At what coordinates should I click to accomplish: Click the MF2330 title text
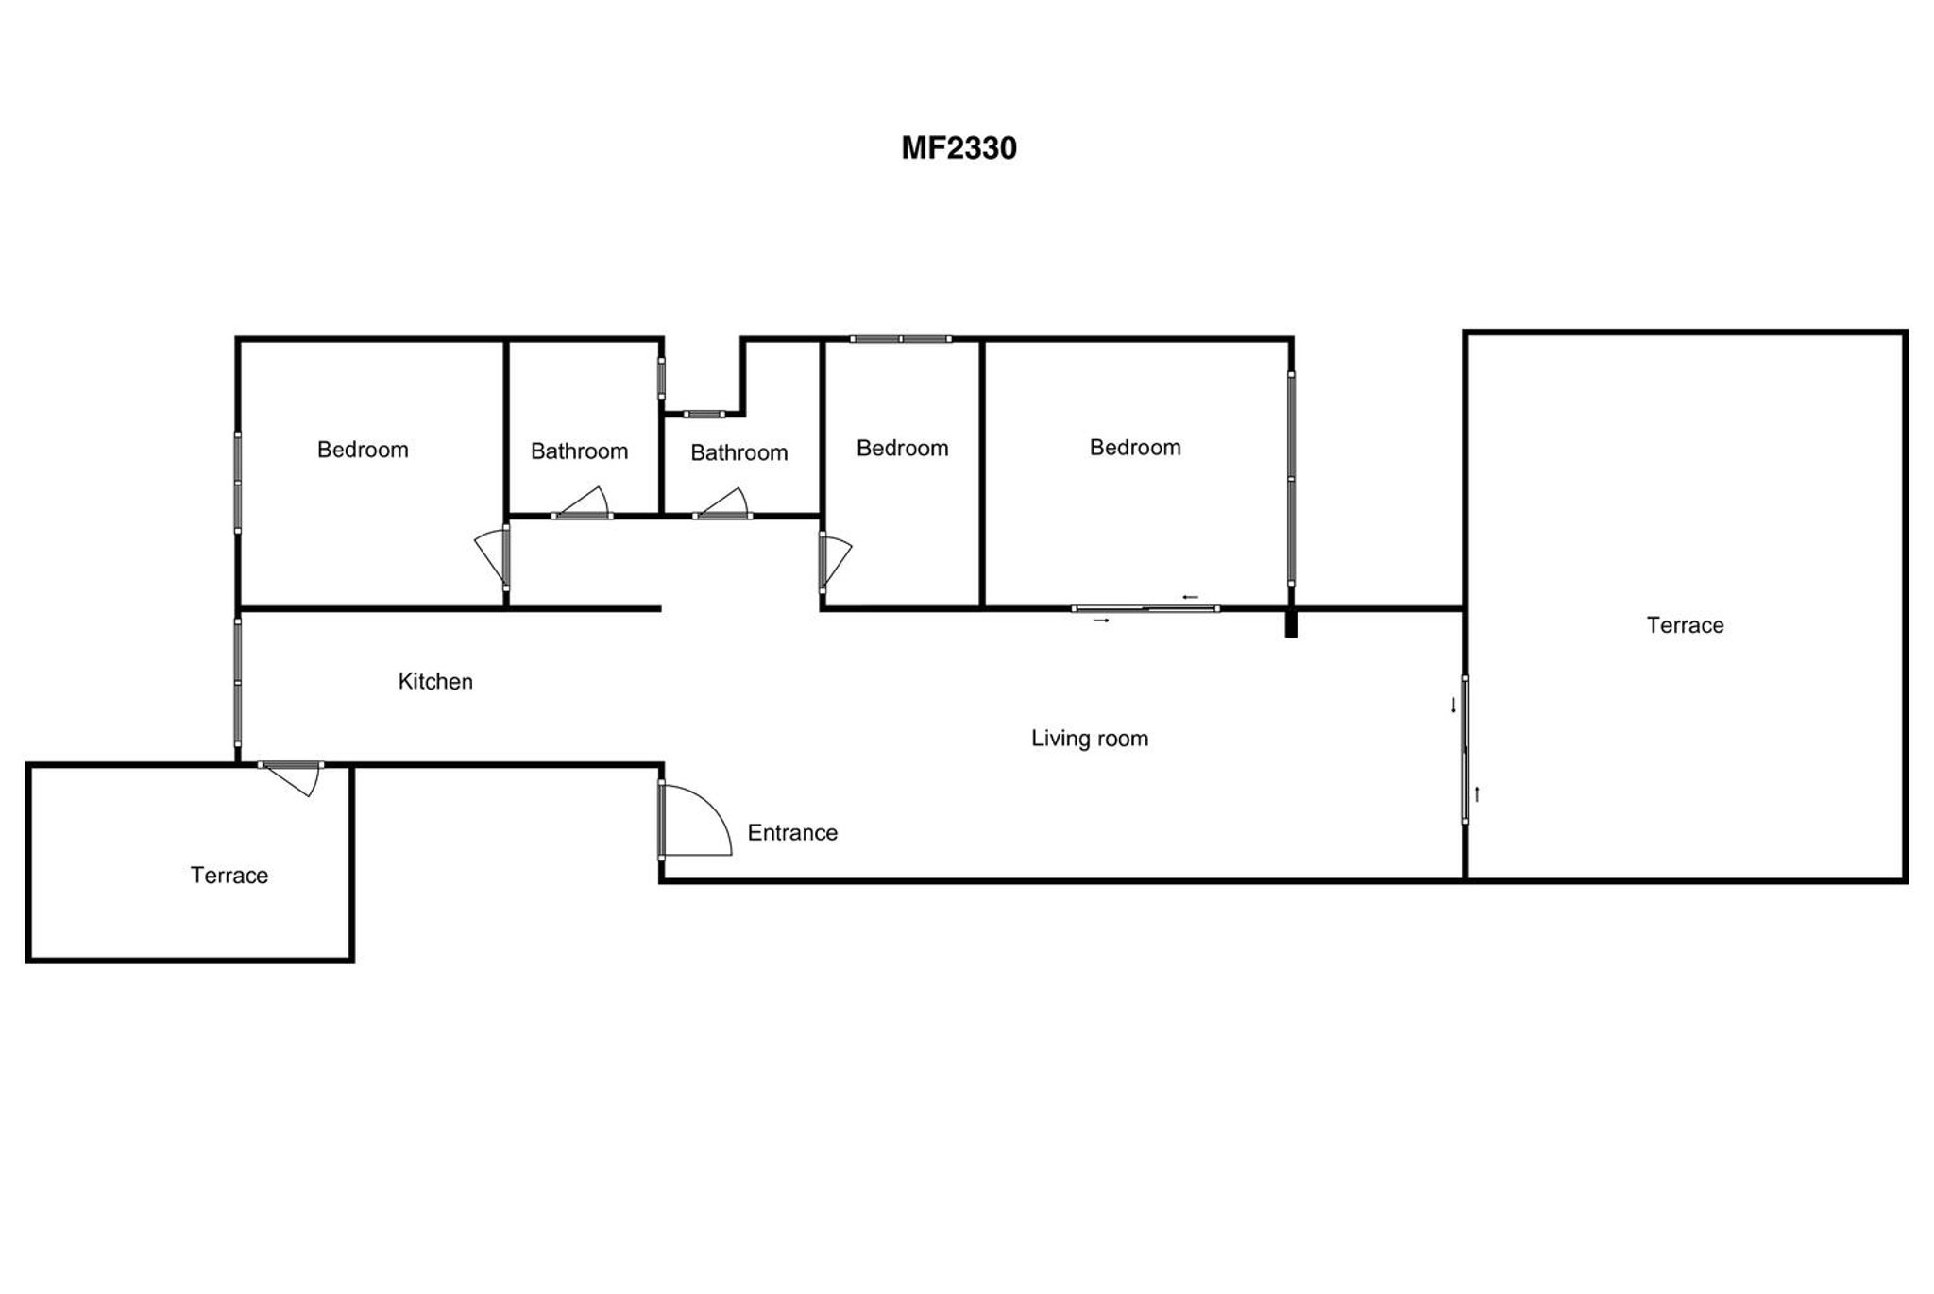click(x=959, y=148)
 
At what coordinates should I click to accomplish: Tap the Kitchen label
click(x=435, y=681)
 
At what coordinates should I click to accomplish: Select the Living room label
click(x=1089, y=739)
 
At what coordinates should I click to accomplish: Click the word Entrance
click(x=792, y=832)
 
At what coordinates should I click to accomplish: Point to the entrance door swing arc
click(x=708, y=812)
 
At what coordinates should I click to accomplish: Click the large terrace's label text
click(x=1685, y=625)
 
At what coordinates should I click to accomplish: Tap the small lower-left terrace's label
click(x=229, y=876)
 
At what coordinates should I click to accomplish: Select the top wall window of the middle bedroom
click(x=901, y=339)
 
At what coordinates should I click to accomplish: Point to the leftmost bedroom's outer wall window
click(x=238, y=482)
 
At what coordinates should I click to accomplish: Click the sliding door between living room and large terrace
click(x=1465, y=749)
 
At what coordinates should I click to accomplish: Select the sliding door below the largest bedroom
click(x=1145, y=609)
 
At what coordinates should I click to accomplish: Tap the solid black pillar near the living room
click(x=1291, y=623)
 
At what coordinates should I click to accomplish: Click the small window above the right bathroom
click(x=704, y=414)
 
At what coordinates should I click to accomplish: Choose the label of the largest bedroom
click(x=1135, y=448)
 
